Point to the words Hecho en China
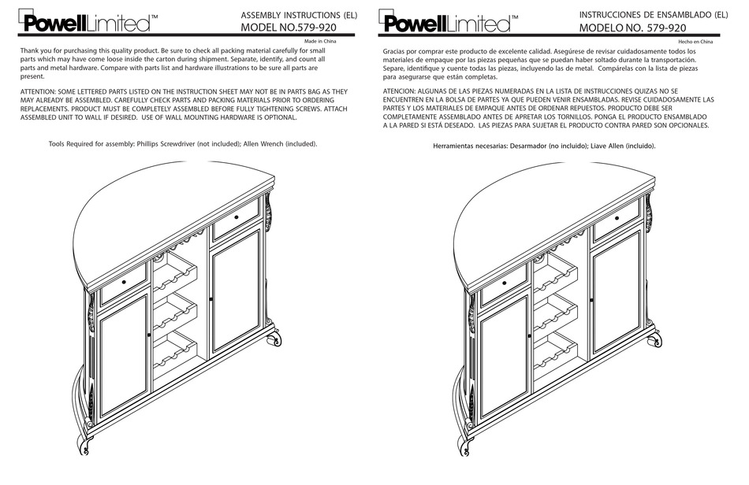695,41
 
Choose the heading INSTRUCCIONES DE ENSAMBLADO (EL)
653,14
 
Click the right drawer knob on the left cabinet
237,215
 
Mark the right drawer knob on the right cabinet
617,215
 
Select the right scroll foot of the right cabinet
655,339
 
